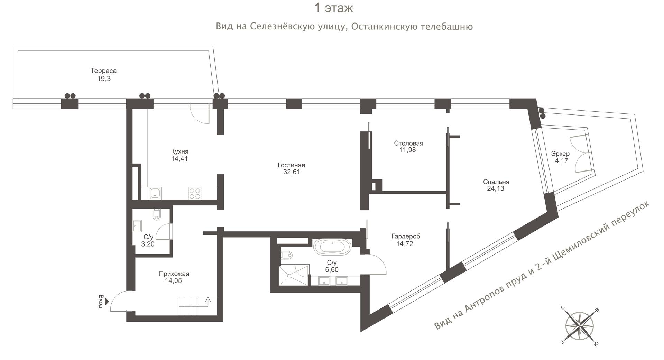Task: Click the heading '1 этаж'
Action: pyautogui.click(x=333, y=8)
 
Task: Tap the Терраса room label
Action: pyautogui.click(x=103, y=71)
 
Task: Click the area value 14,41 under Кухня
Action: pyautogui.click(x=179, y=159)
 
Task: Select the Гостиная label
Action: pyautogui.click(x=291, y=165)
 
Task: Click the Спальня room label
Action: pyautogui.click(x=496, y=182)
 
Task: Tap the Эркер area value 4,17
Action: pyautogui.click(x=561, y=160)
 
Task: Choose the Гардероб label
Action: pyautogui.click(x=406, y=237)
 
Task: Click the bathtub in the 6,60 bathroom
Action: pyautogui.click(x=332, y=247)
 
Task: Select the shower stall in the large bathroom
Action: pyautogui.click(x=293, y=275)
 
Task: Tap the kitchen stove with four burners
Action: pyautogui.click(x=195, y=193)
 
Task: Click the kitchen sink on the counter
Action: pyautogui.click(x=155, y=193)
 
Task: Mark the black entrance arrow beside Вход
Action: pyautogui.click(x=107, y=301)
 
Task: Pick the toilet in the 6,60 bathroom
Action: pyautogui.click(x=287, y=255)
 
